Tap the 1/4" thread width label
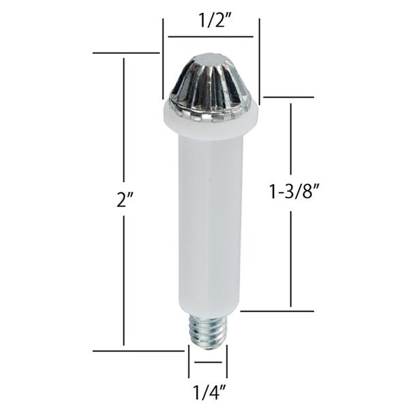(208, 393)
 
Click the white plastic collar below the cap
(211, 123)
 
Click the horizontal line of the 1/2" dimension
(211, 36)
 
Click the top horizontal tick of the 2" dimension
(125, 52)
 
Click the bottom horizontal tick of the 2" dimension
(136, 351)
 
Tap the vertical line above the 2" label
(123, 123)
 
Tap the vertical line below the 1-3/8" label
(291, 259)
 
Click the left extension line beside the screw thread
(189, 361)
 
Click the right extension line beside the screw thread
(227, 361)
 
